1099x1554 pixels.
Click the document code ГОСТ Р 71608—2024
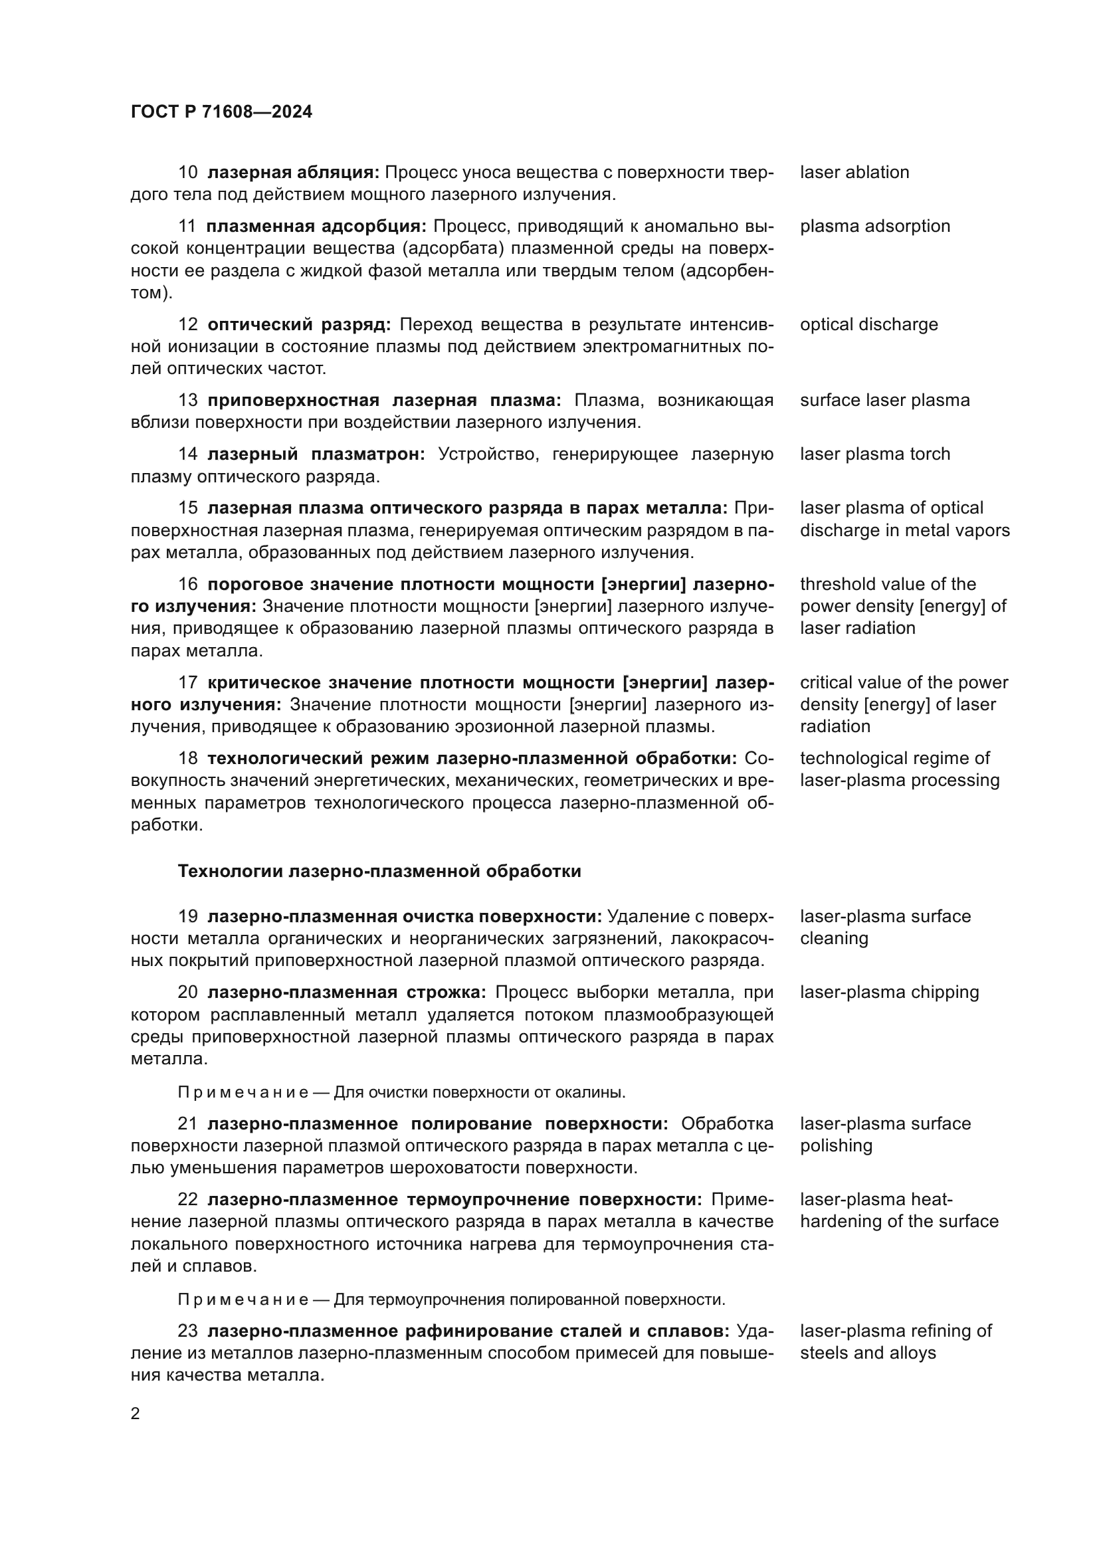point(221,112)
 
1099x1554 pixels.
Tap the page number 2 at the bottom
point(136,1414)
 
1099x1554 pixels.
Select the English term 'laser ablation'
point(854,173)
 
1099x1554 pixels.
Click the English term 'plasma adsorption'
point(874,226)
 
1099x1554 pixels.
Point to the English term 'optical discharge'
point(868,324)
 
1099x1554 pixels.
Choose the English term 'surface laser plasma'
point(884,400)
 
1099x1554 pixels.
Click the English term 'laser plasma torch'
point(874,454)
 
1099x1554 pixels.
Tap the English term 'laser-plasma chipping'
point(889,992)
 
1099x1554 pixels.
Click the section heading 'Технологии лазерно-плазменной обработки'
point(379,871)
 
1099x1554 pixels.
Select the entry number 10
point(187,173)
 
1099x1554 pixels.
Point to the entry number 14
point(187,454)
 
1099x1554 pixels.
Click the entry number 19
point(187,916)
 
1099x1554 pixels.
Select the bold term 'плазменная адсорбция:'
point(316,226)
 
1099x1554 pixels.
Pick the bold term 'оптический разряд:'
point(299,325)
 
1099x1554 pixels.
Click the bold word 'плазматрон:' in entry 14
point(368,454)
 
